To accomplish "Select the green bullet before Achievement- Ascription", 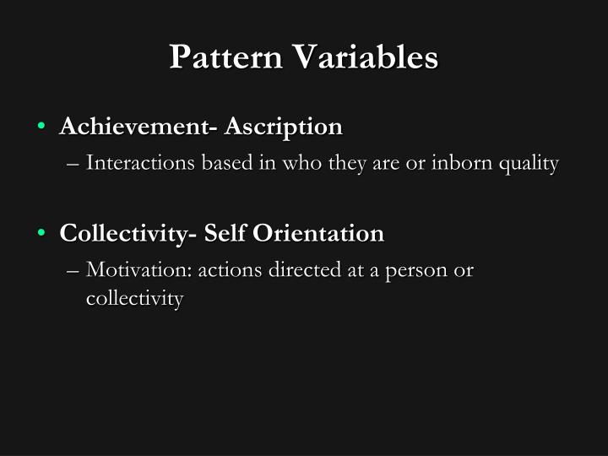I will [x=41, y=127].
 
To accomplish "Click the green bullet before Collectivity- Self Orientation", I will [x=41, y=233].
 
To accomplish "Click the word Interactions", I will [x=141, y=163].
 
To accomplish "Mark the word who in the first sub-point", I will [x=301, y=163].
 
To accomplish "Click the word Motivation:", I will [x=139, y=270].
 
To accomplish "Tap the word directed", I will [x=291, y=270].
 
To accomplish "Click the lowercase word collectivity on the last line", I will [x=134, y=298].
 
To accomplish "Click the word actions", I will [x=226, y=270].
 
